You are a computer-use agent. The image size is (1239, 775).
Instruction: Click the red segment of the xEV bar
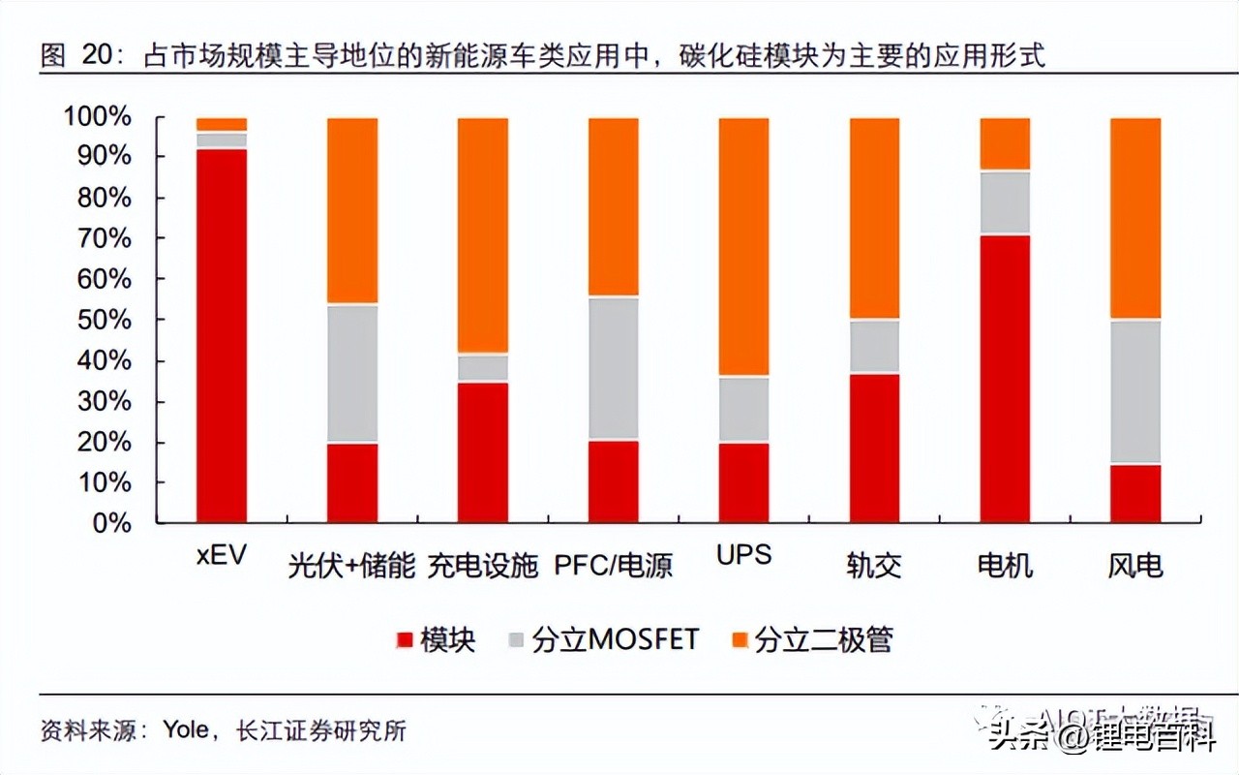pyautogui.click(x=222, y=334)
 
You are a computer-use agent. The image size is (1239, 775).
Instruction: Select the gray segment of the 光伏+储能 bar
pyautogui.click(x=352, y=373)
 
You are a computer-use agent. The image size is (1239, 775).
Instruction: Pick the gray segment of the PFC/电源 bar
pyautogui.click(x=614, y=368)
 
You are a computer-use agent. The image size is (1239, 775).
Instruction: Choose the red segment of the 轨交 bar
pyautogui.click(x=874, y=448)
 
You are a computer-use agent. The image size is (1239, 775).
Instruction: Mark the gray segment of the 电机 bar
pyautogui.click(x=1005, y=202)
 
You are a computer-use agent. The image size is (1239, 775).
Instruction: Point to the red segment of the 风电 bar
pyautogui.click(x=1135, y=493)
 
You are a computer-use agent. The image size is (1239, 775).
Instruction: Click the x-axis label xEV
pyautogui.click(x=221, y=557)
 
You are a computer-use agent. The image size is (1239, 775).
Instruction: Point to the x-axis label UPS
pyautogui.click(x=743, y=555)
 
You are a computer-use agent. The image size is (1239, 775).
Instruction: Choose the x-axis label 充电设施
pyautogui.click(x=483, y=566)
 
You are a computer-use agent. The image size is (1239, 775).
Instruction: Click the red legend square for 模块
pyautogui.click(x=405, y=640)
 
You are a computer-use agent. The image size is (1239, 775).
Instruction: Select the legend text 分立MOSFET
pyautogui.click(x=615, y=640)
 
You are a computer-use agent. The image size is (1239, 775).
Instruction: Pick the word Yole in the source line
pyautogui.click(x=185, y=729)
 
